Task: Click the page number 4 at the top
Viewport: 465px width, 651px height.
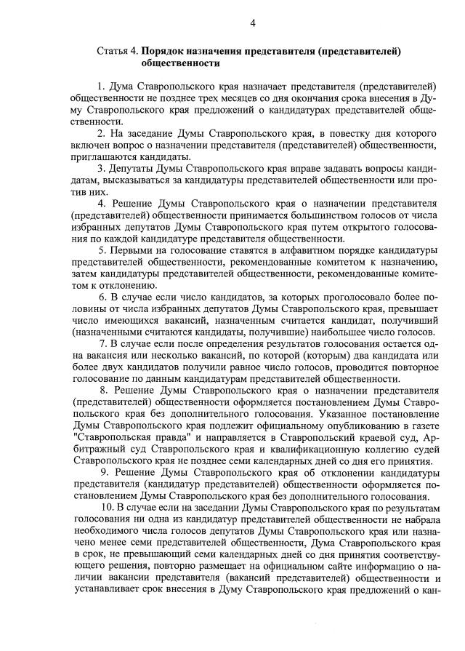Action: pos(253,23)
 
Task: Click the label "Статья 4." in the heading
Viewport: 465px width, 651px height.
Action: pos(117,52)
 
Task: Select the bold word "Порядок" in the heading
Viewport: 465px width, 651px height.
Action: pos(163,52)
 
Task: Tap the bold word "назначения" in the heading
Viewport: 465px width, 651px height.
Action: pos(218,52)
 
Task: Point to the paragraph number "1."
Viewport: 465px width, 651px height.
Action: pos(102,86)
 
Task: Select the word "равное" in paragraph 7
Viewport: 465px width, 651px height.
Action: pos(235,367)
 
